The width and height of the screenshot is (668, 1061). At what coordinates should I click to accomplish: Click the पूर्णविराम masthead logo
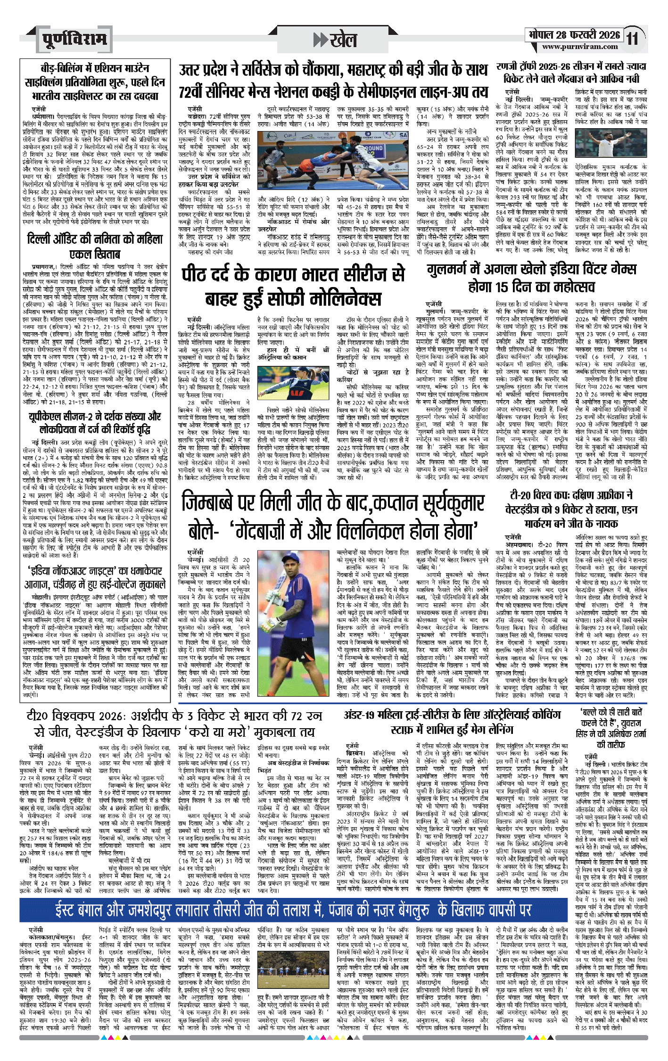(x=74, y=39)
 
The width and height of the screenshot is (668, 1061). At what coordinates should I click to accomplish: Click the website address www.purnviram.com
(x=580, y=47)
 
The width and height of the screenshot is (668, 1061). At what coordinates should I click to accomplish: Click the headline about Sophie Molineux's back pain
(x=293, y=286)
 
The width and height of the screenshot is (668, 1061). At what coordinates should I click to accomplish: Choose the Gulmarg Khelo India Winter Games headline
(x=531, y=278)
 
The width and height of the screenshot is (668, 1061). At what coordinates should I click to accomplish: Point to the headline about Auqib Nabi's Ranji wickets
(x=571, y=73)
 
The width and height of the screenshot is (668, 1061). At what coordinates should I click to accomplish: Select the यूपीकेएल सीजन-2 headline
(x=95, y=423)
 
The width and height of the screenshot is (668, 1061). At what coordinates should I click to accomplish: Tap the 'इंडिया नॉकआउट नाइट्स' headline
(x=95, y=577)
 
